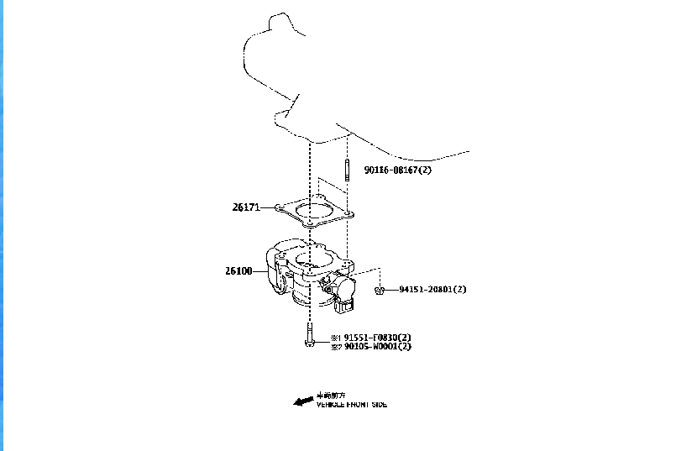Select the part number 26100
pyautogui.click(x=238, y=271)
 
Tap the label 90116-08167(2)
pyautogui.click(x=397, y=170)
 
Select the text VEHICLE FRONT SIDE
pyautogui.click(x=352, y=405)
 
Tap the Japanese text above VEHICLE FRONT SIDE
pyautogui.click(x=331, y=395)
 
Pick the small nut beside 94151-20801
pyautogui.click(x=380, y=291)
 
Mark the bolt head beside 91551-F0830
pyautogui.click(x=310, y=342)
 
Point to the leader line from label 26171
pyautogui.click(x=269, y=206)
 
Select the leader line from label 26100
pyautogui.click(x=261, y=271)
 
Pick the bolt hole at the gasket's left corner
pyautogui.click(x=280, y=206)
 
